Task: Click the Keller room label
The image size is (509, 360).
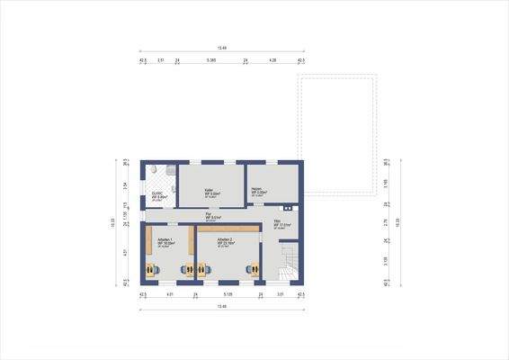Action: click(210, 191)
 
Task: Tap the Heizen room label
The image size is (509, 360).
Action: click(256, 190)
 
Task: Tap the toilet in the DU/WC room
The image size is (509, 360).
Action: click(157, 170)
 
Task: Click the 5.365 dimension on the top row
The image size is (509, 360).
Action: click(211, 60)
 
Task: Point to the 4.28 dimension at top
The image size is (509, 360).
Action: click(272, 60)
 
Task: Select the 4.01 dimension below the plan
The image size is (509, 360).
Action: click(170, 294)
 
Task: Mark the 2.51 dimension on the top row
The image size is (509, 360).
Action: click(161, 60)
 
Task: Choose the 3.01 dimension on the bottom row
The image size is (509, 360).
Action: click(280, 294)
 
